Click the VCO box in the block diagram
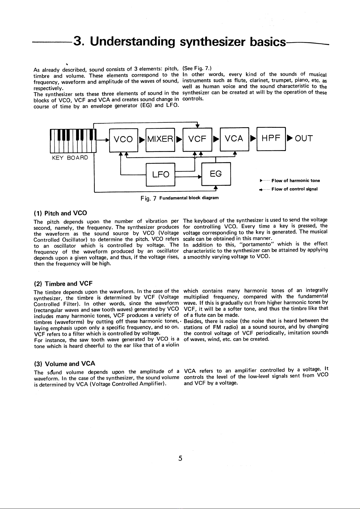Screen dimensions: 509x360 (123, 139)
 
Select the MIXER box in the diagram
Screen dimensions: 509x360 (160, 139)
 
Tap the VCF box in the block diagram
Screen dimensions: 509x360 (197, 139)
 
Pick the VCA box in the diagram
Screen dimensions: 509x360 (234, 139)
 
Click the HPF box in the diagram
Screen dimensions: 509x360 (271, 139)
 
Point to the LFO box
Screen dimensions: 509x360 (161, 174)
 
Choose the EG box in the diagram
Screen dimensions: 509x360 (216, 174)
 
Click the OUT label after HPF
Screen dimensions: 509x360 (304, 139)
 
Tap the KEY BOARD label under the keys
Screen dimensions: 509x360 (70, 158)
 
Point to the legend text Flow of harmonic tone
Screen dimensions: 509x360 (295, 181)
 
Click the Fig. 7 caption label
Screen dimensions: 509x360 (148, 198)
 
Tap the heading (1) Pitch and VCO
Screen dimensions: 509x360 (60, 213)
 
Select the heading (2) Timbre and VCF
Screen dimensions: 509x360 (63, 284)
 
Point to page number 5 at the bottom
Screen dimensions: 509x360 (180, 458)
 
